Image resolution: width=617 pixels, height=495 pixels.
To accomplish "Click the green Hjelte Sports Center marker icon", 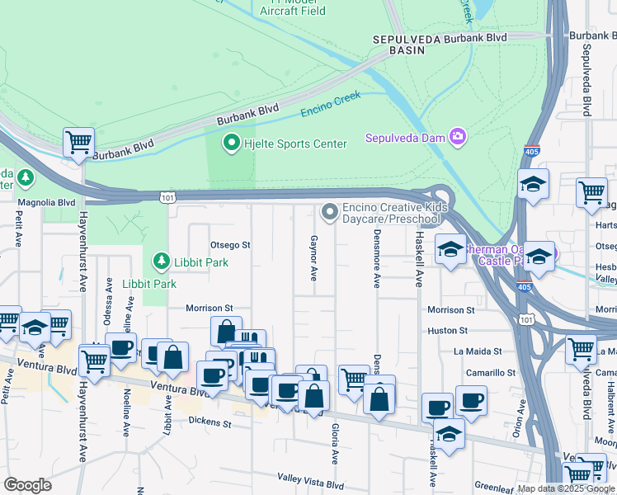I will tap(233, 144).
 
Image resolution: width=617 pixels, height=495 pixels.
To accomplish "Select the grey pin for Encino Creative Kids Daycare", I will tap(330, 213).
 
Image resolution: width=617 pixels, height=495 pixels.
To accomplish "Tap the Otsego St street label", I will tap(230, 245).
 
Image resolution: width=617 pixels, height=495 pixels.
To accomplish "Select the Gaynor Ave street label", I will tap(313, 257).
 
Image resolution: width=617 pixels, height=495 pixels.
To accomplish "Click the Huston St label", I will tap(448, 330).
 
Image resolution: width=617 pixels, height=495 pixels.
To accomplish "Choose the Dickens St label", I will tap(210, 423).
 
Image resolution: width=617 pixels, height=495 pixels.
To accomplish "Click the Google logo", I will tap(28, 485).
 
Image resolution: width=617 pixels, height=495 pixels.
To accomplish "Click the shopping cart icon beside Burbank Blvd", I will tap(78, 143).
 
